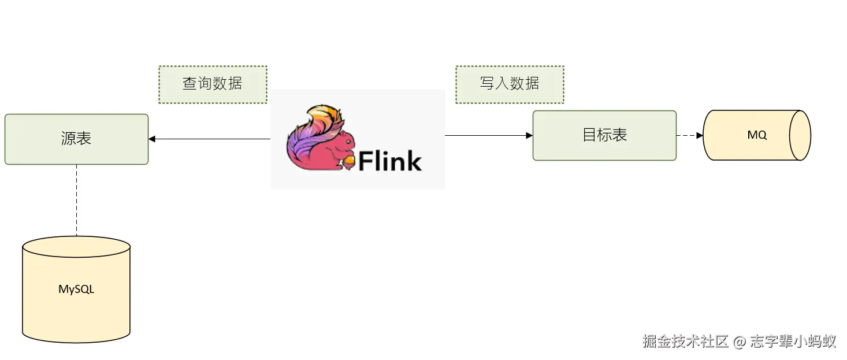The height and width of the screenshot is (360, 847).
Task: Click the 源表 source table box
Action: click(76, 139)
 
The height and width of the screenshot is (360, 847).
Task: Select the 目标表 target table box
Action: click(604, 135)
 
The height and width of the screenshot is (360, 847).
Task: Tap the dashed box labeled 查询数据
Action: click(213, 84)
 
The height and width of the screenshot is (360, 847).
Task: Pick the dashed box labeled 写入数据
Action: click(509, 84)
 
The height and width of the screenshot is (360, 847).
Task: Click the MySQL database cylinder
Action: click(76, 289)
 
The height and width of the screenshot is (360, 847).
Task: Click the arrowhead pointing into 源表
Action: click(152, 139)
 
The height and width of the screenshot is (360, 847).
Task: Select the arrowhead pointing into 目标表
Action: click(529, 135)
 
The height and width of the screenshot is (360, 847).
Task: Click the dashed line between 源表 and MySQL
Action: click(76, 199)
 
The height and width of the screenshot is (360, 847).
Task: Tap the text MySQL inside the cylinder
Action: click(76, 289)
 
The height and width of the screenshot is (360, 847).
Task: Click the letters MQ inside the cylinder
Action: click(757, 135)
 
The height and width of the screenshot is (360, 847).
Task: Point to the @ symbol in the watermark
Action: click(740, 342)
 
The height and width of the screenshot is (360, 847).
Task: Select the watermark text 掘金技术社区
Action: click(685, 342)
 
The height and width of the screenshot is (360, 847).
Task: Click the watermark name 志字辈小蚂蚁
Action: click(793, 342)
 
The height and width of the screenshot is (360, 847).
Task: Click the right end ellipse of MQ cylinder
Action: click(800, 135)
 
